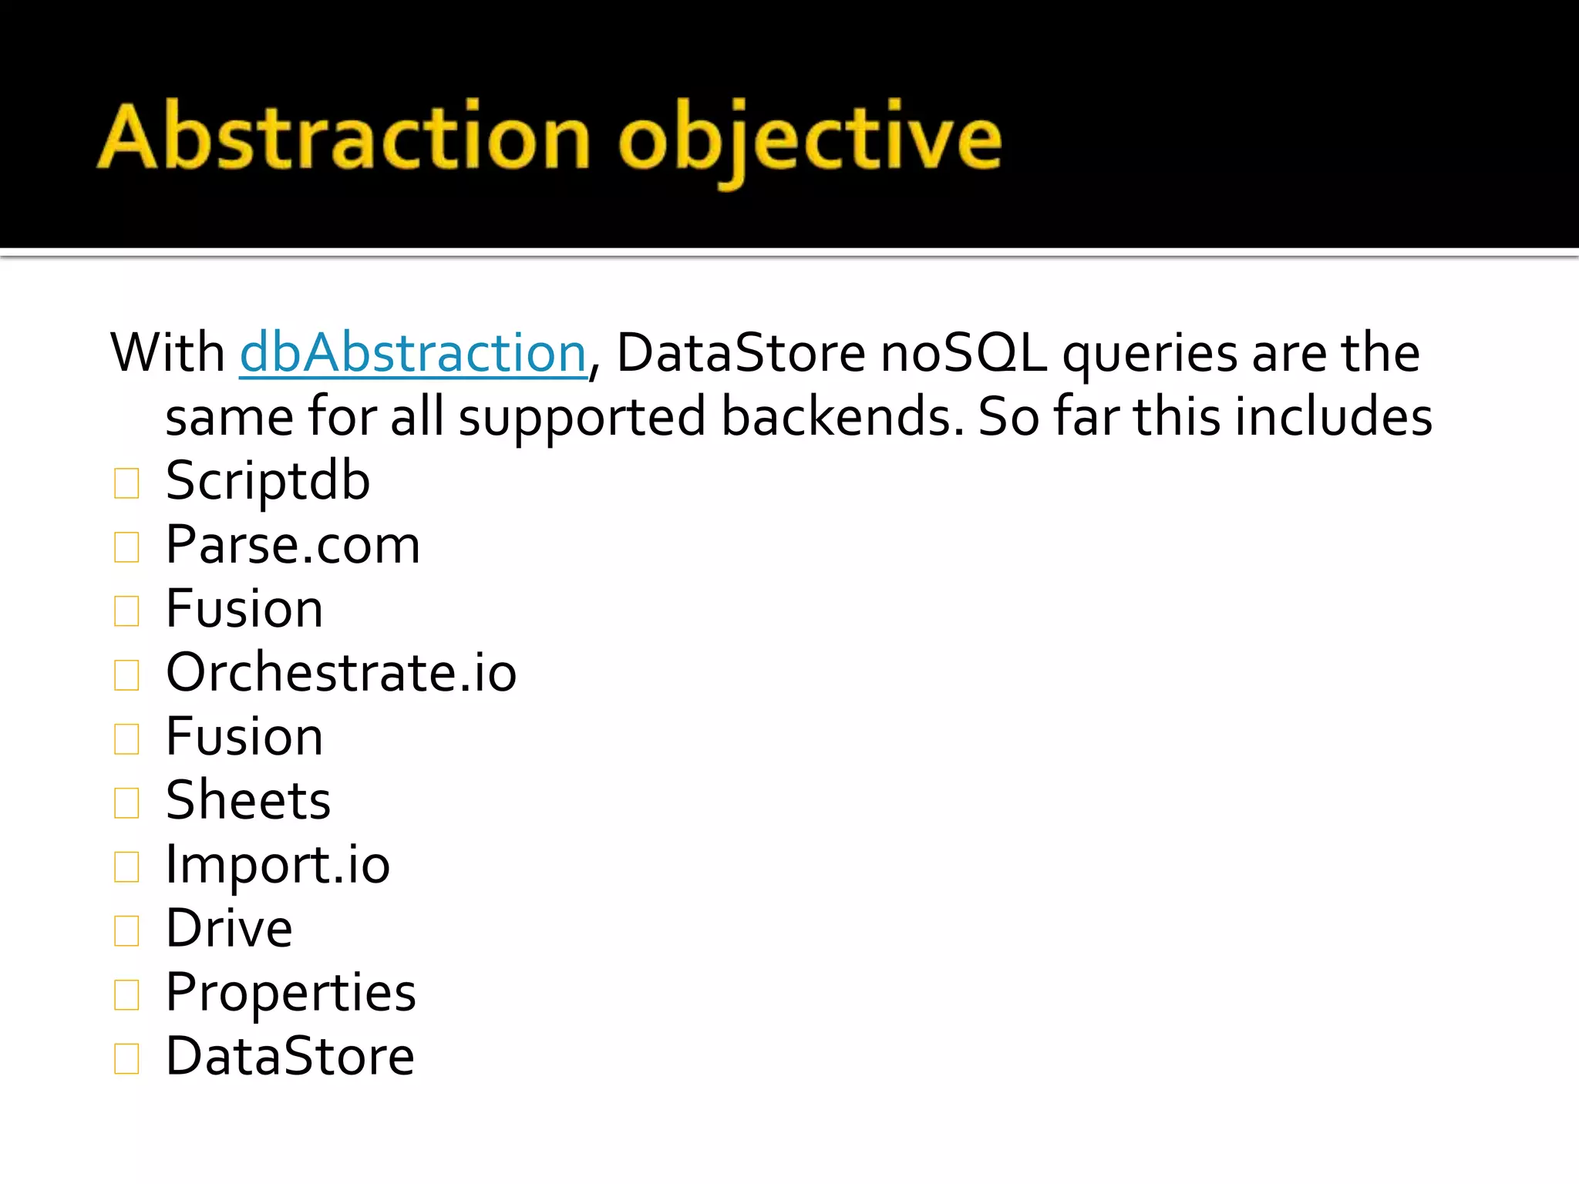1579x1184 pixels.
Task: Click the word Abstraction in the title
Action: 344,137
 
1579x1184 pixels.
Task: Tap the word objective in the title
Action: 810,139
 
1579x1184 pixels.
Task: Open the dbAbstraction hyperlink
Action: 413,353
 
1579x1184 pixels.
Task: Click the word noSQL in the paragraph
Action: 963,353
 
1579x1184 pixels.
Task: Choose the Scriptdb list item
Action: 268,481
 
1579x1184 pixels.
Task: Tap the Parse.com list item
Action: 293,545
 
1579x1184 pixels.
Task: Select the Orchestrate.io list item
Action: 341,672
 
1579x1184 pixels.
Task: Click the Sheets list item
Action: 248,800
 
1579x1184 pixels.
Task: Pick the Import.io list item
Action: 278,865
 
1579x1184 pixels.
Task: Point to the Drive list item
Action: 229,928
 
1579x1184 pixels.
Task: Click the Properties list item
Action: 291,992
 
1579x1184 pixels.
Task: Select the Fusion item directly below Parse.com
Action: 244,609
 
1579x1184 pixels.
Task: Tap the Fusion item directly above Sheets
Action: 244,737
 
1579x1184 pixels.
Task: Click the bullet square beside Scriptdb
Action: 126,484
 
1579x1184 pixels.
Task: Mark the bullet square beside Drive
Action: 126,931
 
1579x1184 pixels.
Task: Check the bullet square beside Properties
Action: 126,995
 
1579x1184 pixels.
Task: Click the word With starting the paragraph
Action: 167,353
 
